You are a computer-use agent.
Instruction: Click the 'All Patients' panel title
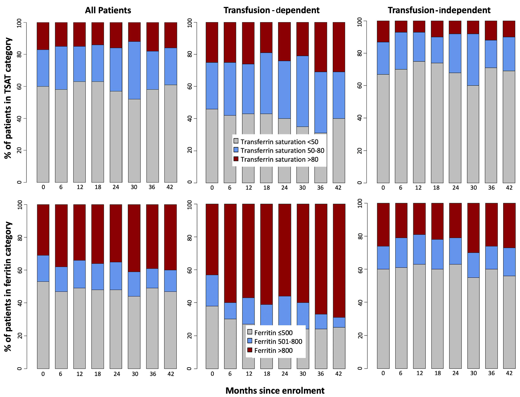click(x=108, y=10)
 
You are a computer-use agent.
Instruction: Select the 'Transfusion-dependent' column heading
click(x=271, y=10)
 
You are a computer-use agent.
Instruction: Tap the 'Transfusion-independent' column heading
click(x=439, y=10)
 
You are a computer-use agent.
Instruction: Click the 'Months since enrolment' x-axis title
click(x=275, y=390)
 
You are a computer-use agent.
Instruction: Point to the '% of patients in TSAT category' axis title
click(x=8, y=98)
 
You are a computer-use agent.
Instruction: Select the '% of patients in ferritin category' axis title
click(x=8, y=287)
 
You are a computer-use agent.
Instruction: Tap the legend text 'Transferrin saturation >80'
click(x=279, y=159)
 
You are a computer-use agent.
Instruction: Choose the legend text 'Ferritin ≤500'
click(x=273, y=333)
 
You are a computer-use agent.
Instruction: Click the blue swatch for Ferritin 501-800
click(x=249, y=341)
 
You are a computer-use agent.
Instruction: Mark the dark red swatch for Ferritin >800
click(x=249, y=350)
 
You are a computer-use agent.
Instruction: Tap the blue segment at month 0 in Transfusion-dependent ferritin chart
click(x=212, y=290)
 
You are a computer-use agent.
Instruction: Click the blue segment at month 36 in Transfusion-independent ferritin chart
click(x=491, y=257)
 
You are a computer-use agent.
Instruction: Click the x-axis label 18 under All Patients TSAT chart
click(x=98, y=187)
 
